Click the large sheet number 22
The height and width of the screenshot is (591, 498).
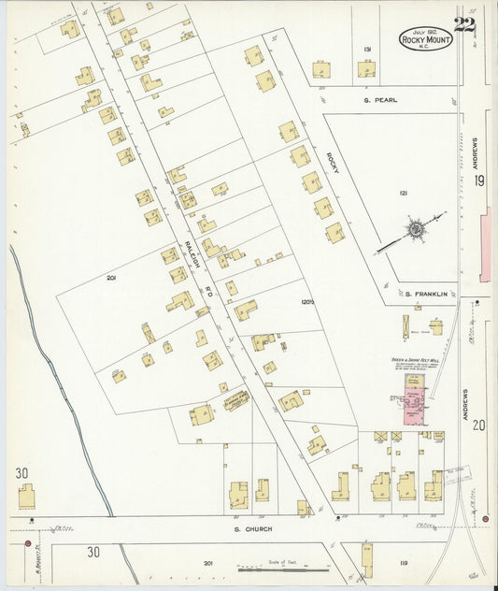tap(463, 27)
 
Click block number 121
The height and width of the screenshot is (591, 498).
tap(403, 193)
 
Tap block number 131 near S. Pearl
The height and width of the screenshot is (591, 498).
tap(367, 49)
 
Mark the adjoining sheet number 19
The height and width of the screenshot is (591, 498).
tap(478, 181)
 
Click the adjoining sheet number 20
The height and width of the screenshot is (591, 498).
tap(478, 425)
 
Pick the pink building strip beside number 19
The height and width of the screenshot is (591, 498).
tap(484, 245)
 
